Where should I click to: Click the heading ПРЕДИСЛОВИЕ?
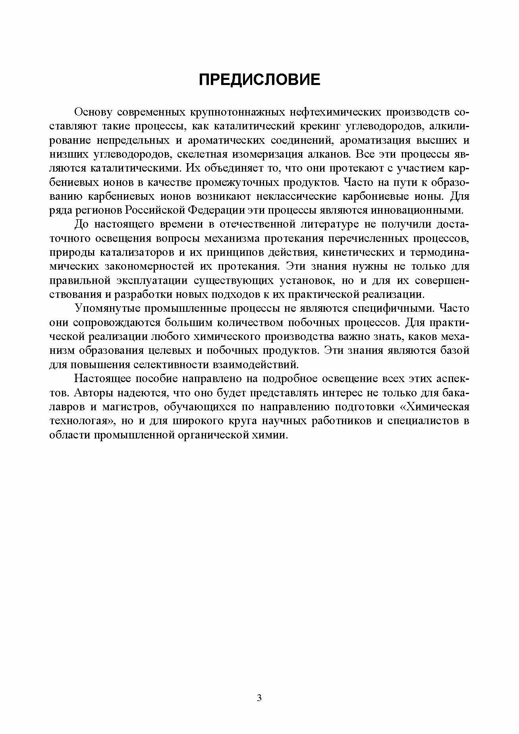[x=259, y=80]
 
